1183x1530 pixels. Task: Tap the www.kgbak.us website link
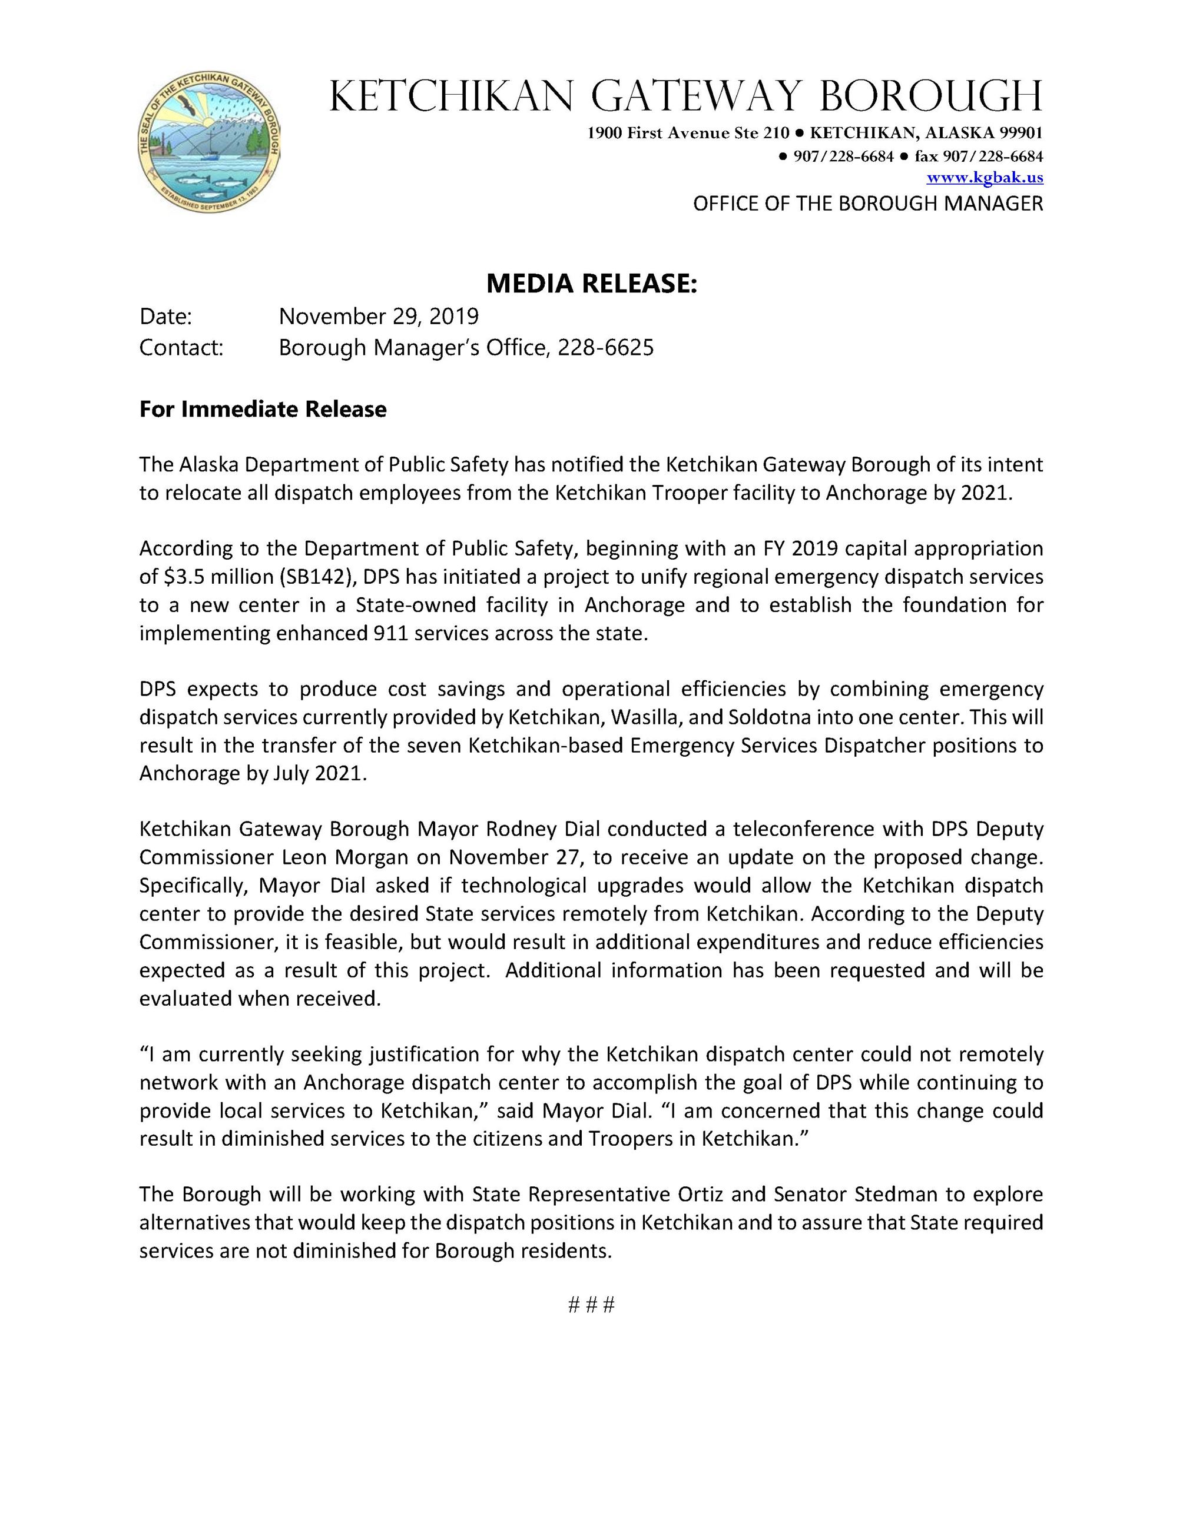(x=985, y=178)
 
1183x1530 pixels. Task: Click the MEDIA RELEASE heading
(x=591, y=284)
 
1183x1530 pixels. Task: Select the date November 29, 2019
(x=379, y=317)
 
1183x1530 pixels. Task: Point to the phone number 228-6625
(x=605, y=347)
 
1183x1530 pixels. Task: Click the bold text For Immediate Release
(x=263, y=409)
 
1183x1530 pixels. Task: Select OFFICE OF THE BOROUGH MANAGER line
(x=867, y=204)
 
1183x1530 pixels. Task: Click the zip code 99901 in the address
(x=1022, y=133)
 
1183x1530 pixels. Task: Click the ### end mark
(x=591, y=1305)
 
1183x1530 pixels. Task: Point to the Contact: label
(x=181, y=347)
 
